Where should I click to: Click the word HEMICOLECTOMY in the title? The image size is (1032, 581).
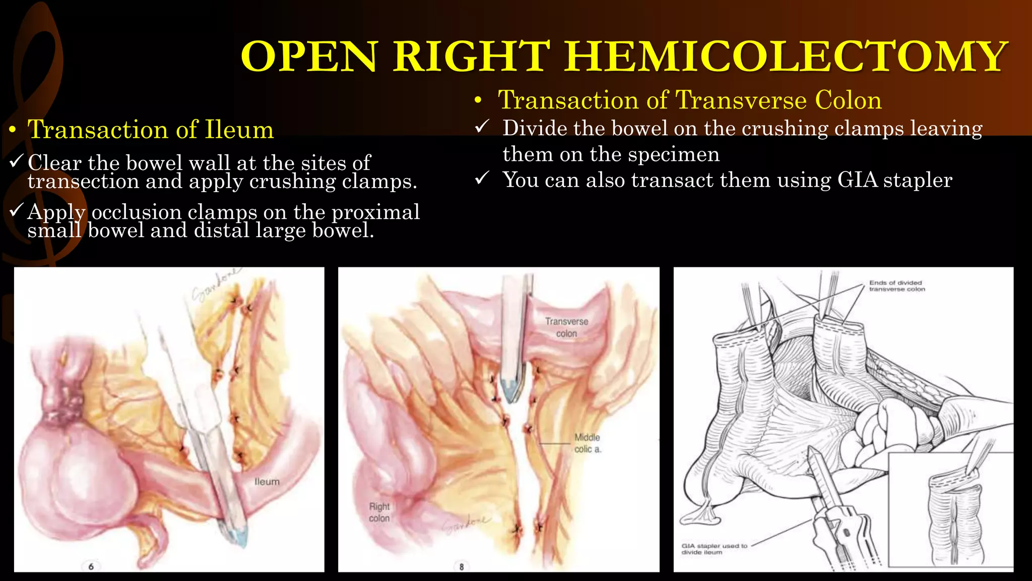(x=786, y=56)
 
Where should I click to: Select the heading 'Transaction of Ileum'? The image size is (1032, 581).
(x=151, y=130)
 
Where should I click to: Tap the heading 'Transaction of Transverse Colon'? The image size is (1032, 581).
(x=690, y=100)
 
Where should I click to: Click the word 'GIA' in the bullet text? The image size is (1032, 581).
(x=857, y=180)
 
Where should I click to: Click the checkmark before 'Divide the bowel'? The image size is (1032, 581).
(x=482, y=127)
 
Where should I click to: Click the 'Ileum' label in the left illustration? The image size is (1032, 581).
(x=267, y=482)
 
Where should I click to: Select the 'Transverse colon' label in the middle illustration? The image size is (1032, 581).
(x=566, y=327)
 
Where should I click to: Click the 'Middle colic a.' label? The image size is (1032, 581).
(x=588, y=443)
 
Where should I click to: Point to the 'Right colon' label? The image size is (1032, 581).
(x=379, y=512)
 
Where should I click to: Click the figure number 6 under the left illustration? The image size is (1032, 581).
(x=91, y=566)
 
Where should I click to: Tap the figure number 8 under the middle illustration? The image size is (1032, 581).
(x=462, y=566)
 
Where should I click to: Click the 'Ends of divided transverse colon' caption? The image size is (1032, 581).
(x=897, y=286)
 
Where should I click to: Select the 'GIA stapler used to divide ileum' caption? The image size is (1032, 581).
(x=714, y=549)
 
